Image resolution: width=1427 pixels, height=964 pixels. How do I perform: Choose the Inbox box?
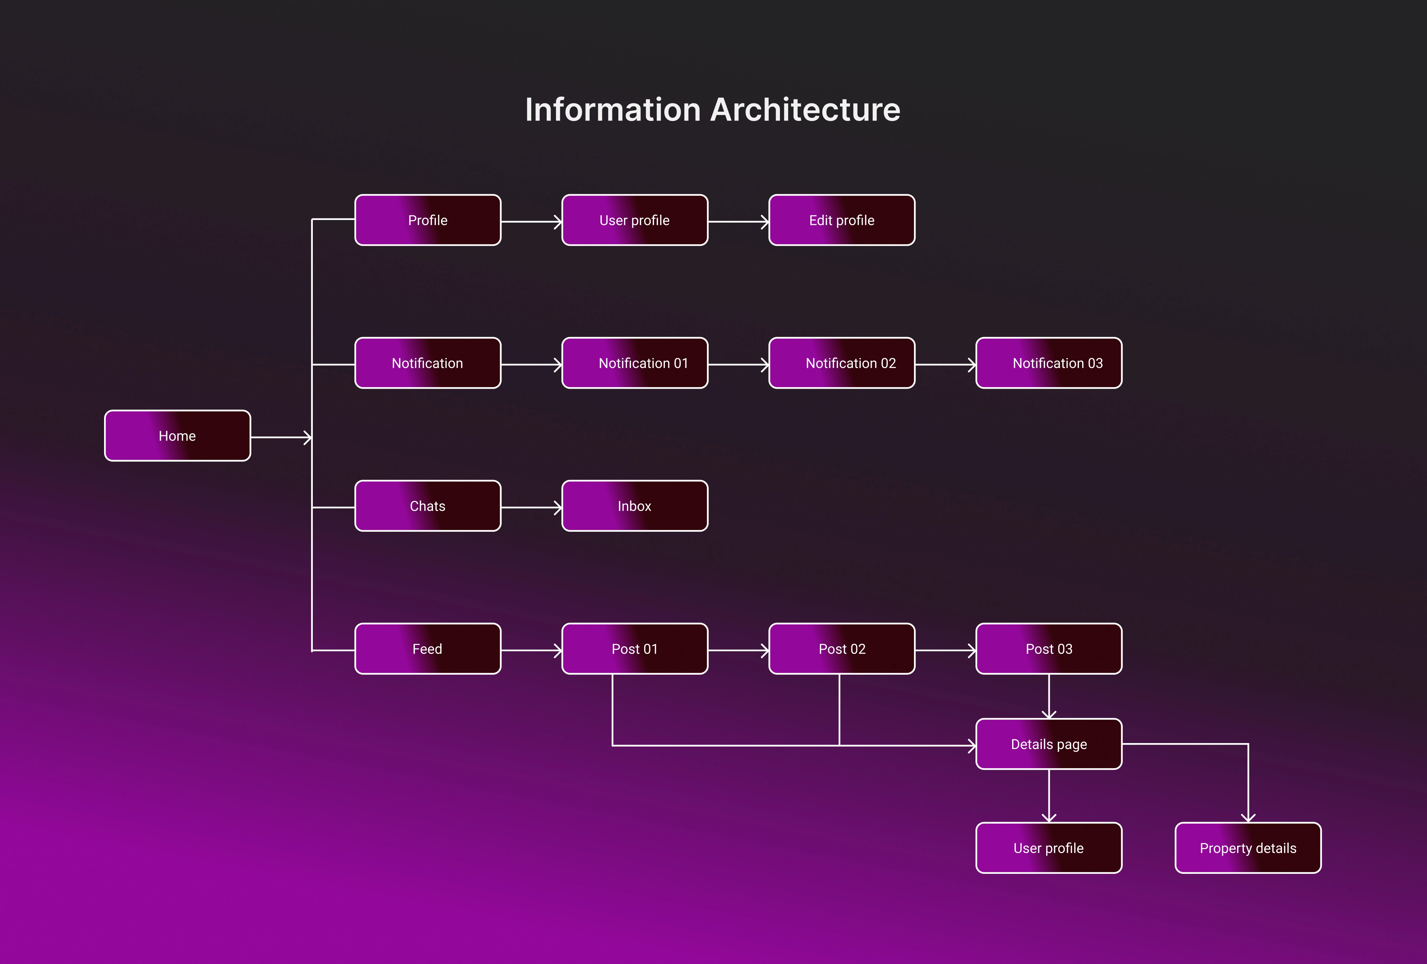pos(634,506)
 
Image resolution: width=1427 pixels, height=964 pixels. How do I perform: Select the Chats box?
pos(427,506)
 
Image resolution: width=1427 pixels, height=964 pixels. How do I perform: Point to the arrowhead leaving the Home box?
pos(307,437)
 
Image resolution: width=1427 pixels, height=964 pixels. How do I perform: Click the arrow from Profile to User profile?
pos(531,222)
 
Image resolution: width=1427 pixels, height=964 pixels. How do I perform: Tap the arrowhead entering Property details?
pos(1248,818)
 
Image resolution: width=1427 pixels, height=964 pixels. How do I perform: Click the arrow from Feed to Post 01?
pos(531,650)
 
